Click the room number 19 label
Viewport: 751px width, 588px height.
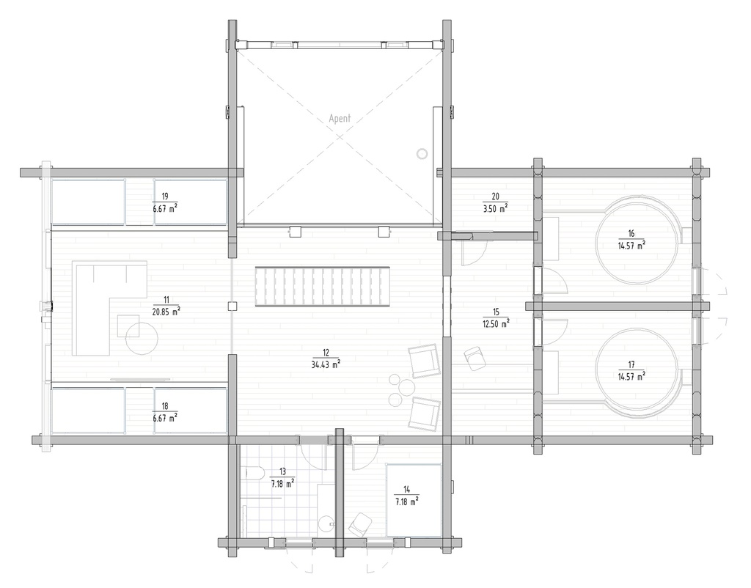(x=165, y=196)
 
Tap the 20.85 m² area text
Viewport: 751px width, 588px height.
(x=166, y=311)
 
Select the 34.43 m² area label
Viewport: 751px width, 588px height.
(x=325, y=363)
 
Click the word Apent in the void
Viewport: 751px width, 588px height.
(x=340, y=117)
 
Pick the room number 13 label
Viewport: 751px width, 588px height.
(x=282, y=471)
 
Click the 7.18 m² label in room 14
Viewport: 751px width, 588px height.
(x=406, y=502)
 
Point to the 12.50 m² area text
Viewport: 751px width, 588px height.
(x=496, y=324)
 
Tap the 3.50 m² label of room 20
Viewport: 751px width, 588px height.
(x=496, y=207)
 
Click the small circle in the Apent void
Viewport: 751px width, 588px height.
(x=421, y=153)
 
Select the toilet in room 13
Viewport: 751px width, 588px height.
(x=254, y=473)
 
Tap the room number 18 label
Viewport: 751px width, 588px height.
(x=165, y=405)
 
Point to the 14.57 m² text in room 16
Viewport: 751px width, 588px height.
(x=631, y=246)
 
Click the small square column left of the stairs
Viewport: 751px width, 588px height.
(x=232, y=306)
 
